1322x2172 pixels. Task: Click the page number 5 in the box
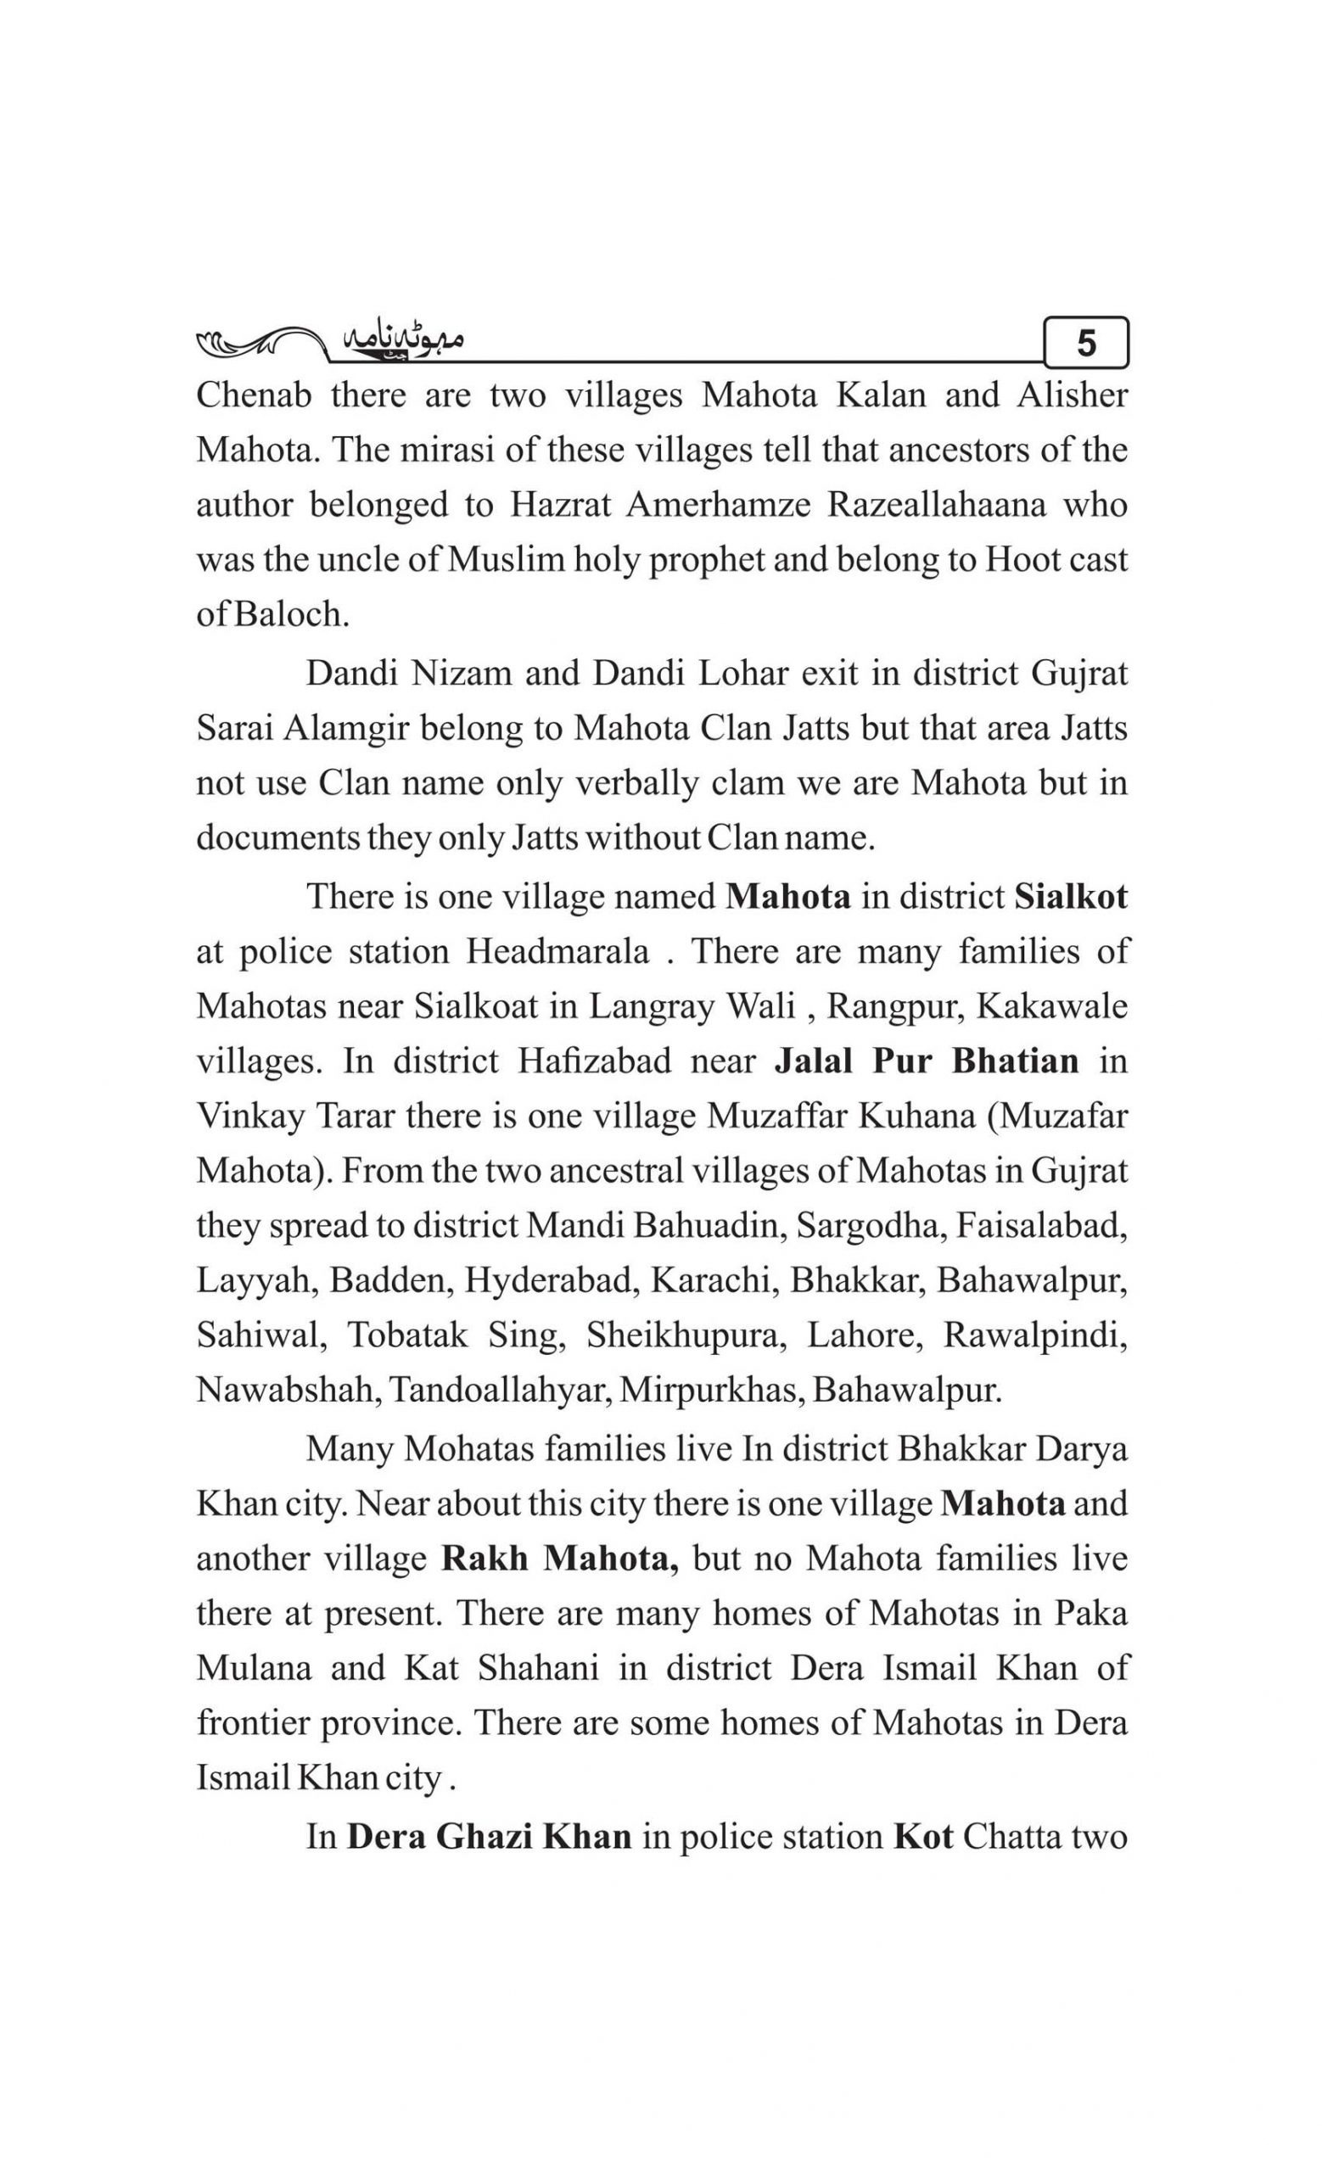coord(1086,343)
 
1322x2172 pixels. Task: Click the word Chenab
coord(254,395)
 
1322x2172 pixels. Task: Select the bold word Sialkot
coord(1071,897)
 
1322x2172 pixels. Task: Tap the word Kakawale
coord(1052,1006)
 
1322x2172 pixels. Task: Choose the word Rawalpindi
coord(1035,1335)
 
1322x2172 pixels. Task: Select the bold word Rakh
coord(484,1559)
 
